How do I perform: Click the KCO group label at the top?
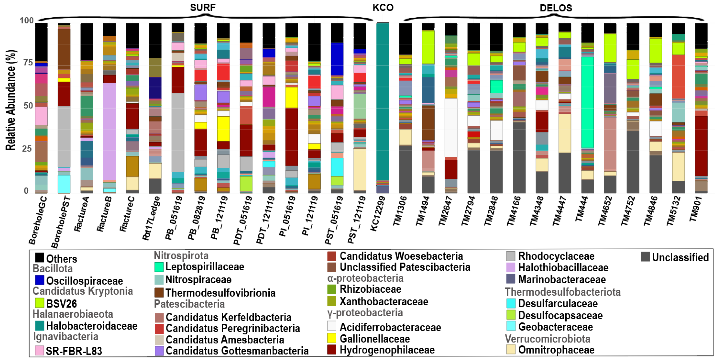pos(383,7)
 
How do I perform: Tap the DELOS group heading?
pos(556,8)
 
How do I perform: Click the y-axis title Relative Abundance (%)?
pos(11,100)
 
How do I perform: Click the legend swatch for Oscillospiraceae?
pos(40,280)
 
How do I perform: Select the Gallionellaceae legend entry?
pos(375,339)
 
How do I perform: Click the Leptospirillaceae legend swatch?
pos(159,267)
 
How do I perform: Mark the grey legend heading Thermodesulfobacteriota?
pos(563,292)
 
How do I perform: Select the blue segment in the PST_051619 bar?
pos(337,59)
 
